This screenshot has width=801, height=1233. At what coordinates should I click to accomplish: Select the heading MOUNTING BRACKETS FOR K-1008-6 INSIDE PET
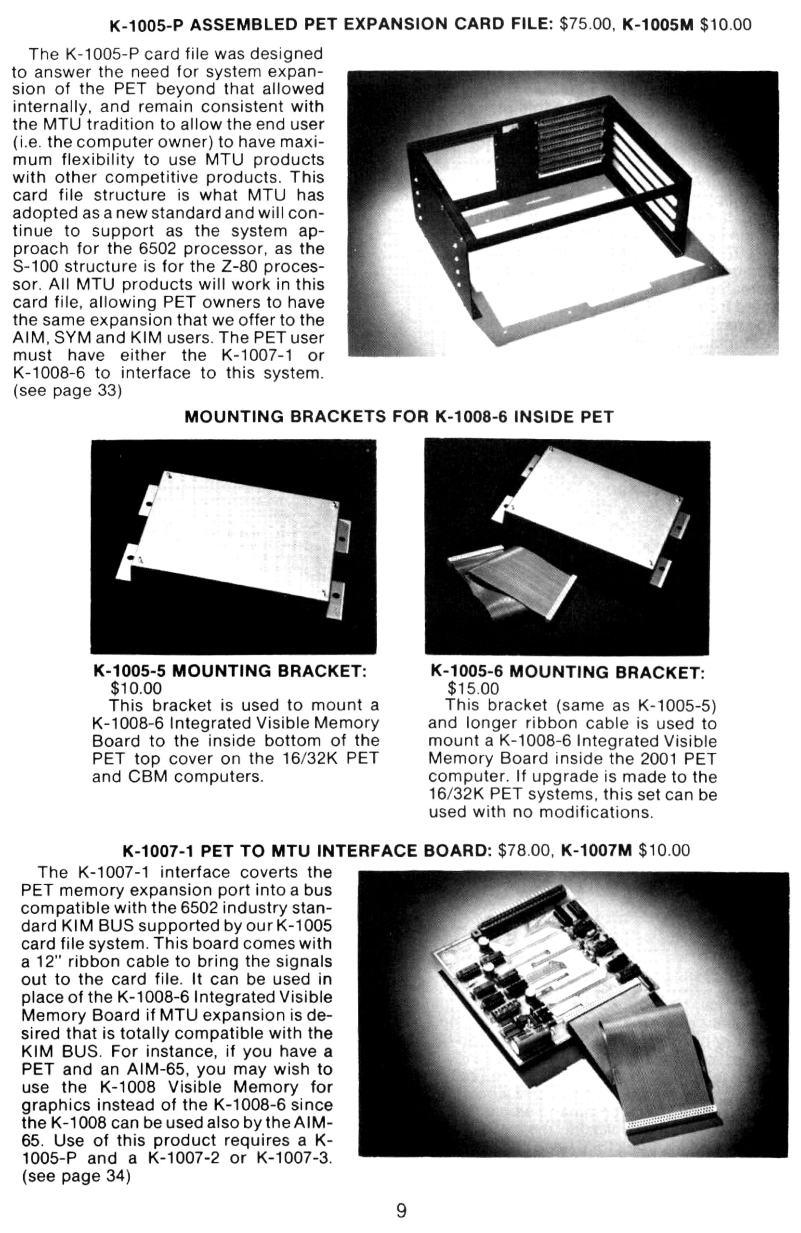click(399, 417)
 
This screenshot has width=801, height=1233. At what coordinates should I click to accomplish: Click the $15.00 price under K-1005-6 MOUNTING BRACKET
click(473, 689)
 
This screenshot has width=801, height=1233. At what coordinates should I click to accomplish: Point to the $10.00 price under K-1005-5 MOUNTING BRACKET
click(136, 688)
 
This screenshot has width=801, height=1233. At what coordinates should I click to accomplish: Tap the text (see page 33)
click(67, 390)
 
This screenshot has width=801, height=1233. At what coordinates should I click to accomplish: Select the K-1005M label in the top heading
click(657, 25)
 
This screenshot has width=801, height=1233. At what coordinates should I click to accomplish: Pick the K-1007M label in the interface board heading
click(596, 850)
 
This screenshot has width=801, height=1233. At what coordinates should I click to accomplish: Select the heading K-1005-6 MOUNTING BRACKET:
click(567, 672)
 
